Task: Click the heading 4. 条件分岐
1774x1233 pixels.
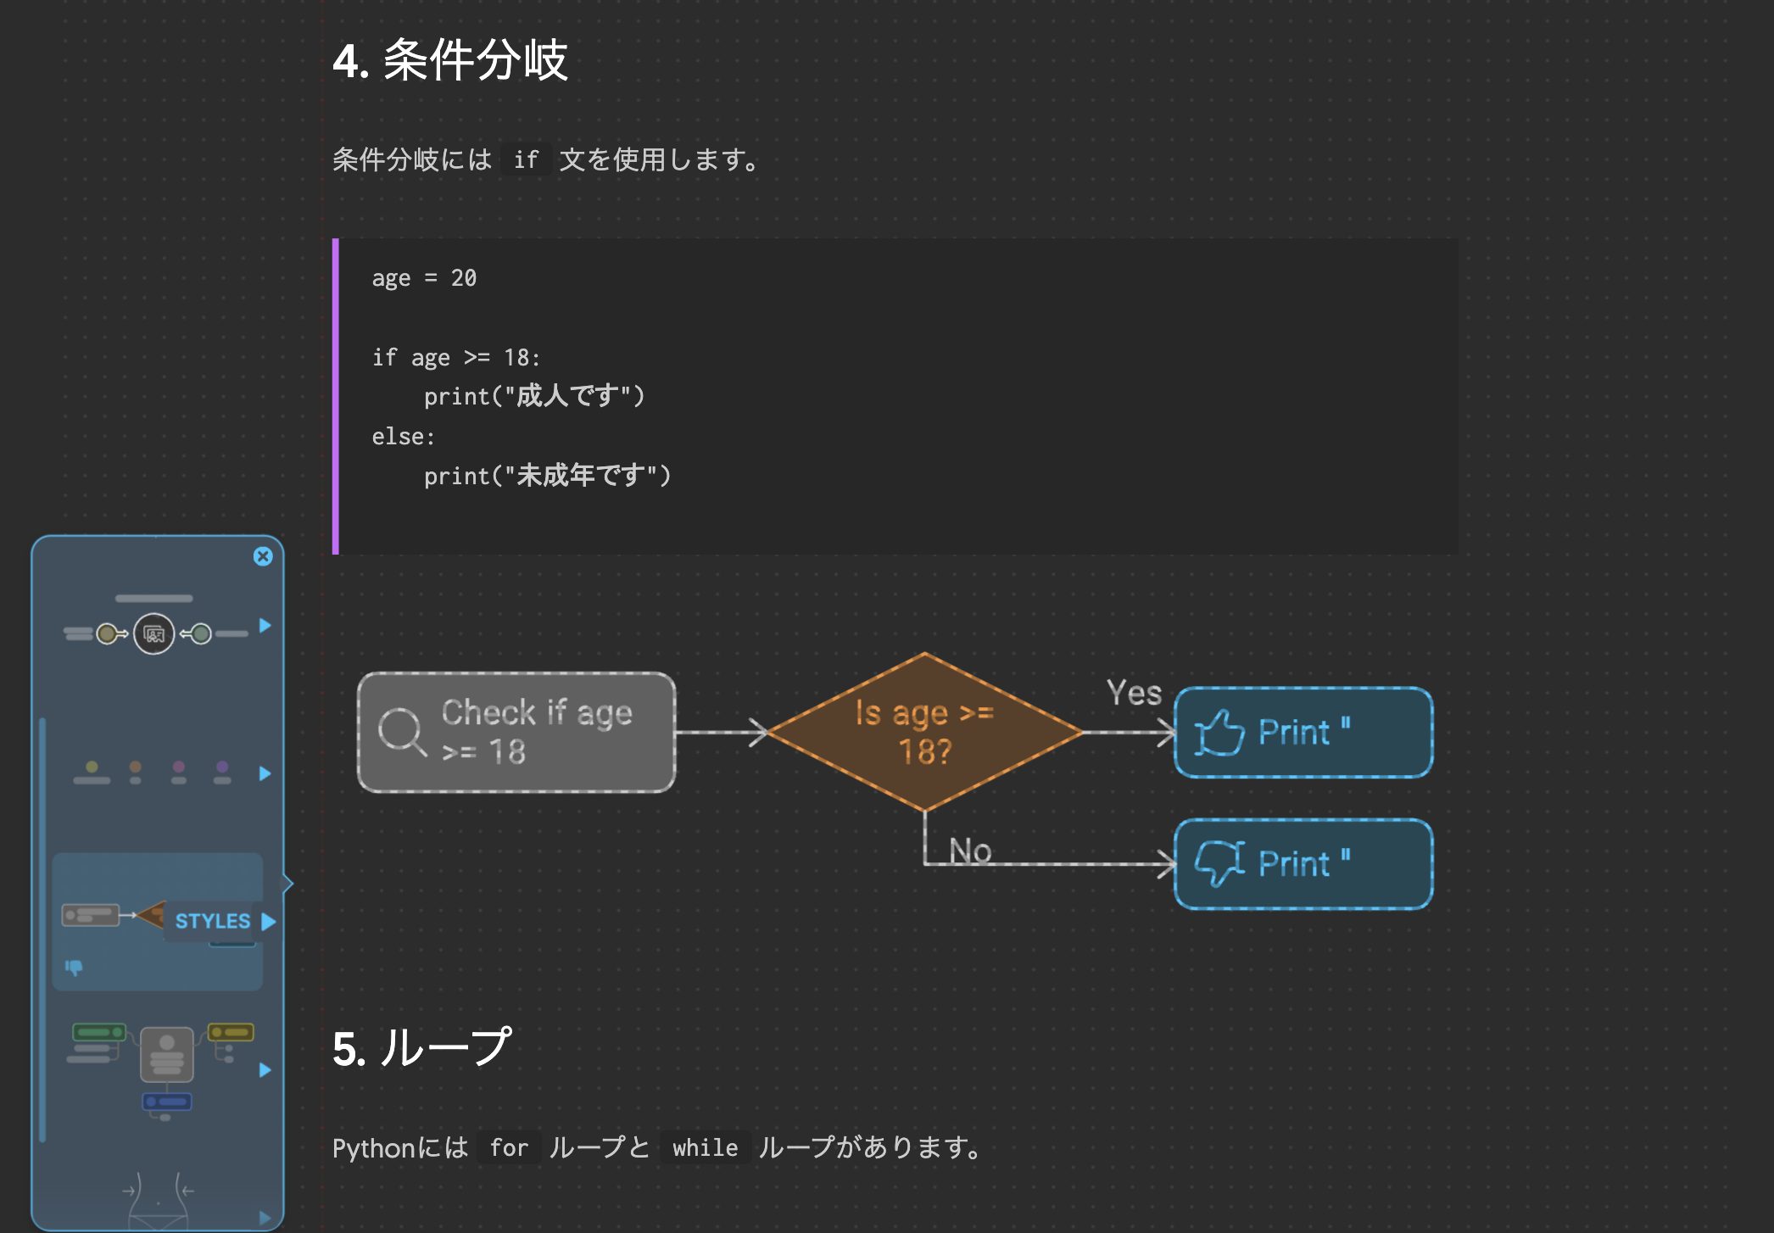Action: pos(449,61)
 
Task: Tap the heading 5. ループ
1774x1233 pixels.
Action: pos(421,1047)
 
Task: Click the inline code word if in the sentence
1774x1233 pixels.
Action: pos(526,159)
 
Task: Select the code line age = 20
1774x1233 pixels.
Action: pos(424,278)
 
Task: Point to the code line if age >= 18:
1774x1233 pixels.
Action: pos(456,357)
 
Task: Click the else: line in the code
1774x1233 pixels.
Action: pos(403,437)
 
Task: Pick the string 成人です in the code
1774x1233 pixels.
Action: pos(567,396)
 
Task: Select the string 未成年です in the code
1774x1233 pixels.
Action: pos(581,476)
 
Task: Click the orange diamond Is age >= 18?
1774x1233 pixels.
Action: pos(924,732)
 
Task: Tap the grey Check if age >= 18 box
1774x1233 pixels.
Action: pos(516,733)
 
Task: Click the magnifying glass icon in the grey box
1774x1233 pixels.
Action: pos(401,731)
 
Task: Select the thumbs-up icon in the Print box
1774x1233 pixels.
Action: pos(1219,733)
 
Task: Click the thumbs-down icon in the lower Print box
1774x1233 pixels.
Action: pos(1219,863)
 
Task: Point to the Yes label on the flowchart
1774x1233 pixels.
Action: pos(1134,693)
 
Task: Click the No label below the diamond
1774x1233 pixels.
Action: pos(970,850)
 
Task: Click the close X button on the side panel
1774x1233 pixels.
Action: pos(263,556)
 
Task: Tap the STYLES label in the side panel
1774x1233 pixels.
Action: pos(212,921)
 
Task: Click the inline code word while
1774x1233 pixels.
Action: pos(705,1148)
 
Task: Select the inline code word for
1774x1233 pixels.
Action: pos(509,1148)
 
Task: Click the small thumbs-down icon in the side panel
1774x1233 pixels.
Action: pos(74,967)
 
